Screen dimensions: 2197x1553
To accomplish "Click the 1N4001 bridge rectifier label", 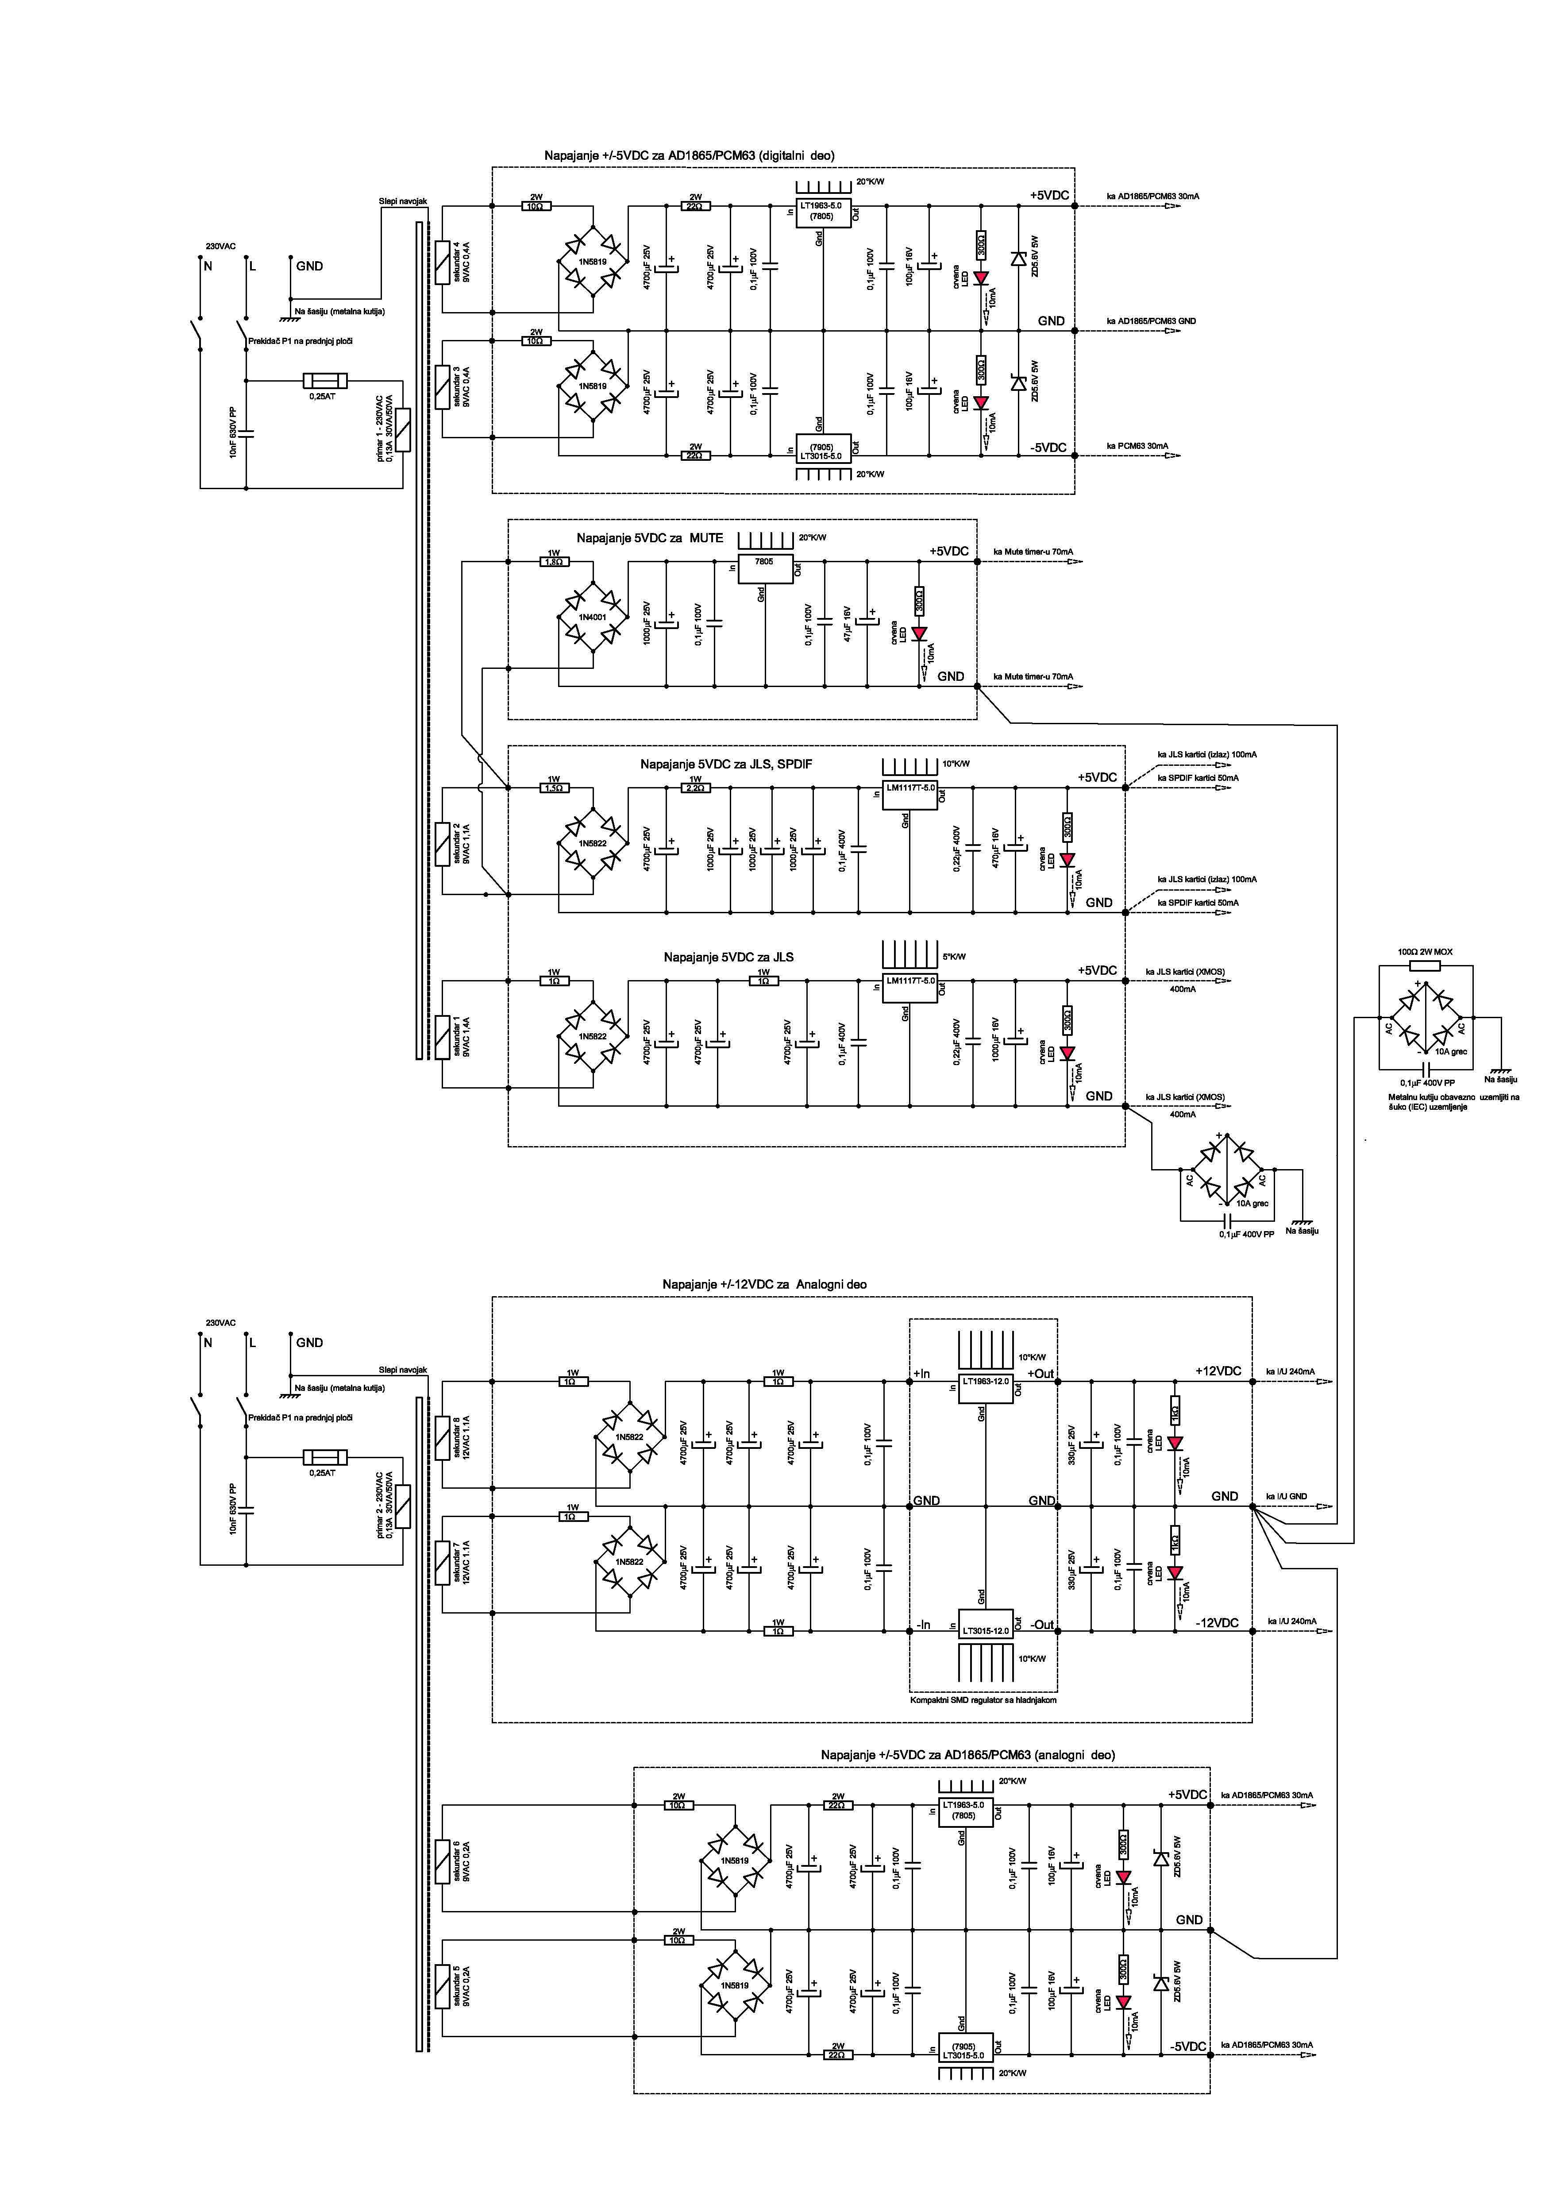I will coord(592,617).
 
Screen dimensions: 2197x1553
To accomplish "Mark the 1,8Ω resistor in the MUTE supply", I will coord(553,562).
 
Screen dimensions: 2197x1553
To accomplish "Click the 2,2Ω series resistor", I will coord(696,788).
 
